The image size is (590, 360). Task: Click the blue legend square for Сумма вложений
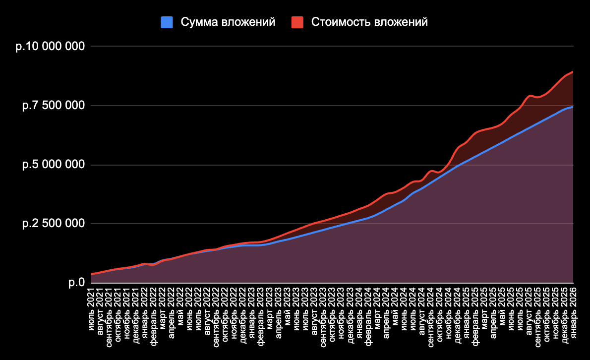pyautogui.click(x=167, y=22)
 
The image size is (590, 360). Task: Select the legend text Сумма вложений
pyautogui.click(x=228, y=22)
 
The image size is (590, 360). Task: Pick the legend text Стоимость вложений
pyautogui.click(x=369, y=22)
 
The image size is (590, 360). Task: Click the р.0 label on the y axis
pyautogui.click(x=77, y=283)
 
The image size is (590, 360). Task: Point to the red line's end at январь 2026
pyautogui.click(x=573, y=72)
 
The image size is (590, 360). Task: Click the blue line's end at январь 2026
pyautogui.click(x=573, y=107)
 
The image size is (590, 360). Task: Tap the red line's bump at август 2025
pyautogui.click(x=530, y=95)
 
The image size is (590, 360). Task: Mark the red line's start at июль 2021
pyautogui.click(x=92, y=274)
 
